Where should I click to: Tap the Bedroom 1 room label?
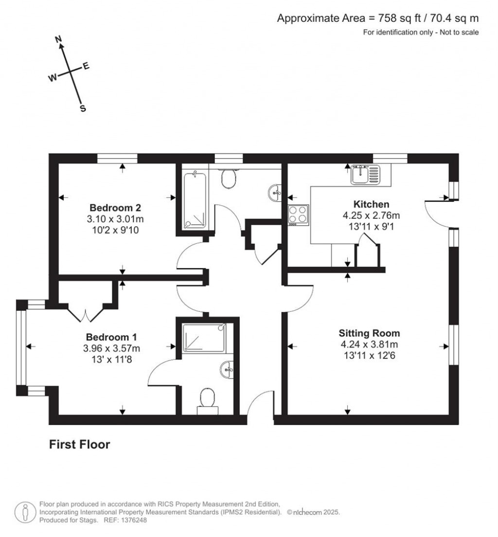[x=111, y=337]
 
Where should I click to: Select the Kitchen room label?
[x=371, y=204]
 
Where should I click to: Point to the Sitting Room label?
[x=369, y=333]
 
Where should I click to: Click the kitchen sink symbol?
[x=365, y=174]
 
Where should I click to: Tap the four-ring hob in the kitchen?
[x=298, y=214]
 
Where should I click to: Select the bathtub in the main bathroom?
[x=195, y=199]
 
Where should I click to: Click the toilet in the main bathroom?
[x=229, y=179]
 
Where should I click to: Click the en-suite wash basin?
[x=227, y=370]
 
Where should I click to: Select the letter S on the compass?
[x=83, y=109]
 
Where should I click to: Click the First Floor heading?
[x=80, y=444]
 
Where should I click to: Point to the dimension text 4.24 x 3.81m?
[x=369, y=344]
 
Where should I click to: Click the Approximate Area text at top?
[x=378, y=18]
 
